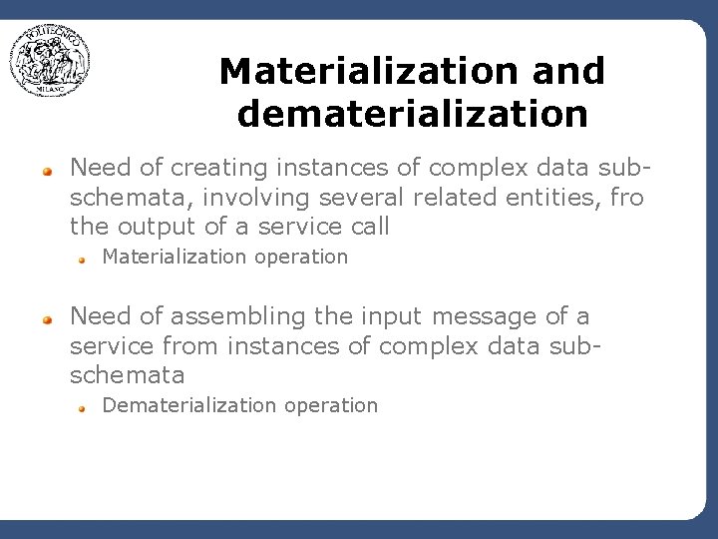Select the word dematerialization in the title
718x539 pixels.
click(412, 114)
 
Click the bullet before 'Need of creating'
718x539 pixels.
click(46, 171)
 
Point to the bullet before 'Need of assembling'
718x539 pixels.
click(46, 319)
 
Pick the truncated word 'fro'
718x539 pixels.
click(627, 197)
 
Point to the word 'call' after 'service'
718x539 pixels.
click(371, 227)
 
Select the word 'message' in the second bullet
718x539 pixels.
click(485, 316)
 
